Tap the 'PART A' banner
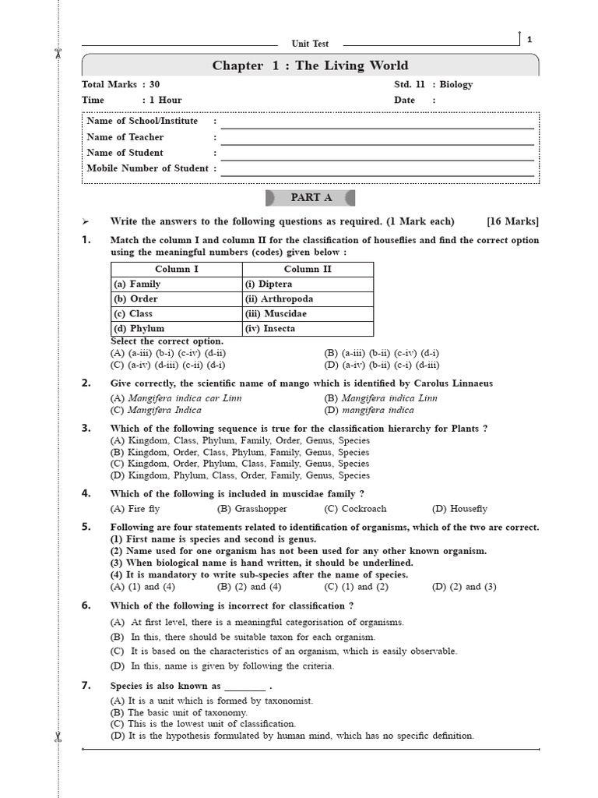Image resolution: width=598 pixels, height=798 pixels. tap(311, 197)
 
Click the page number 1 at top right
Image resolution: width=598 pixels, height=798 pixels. tap(529, 39)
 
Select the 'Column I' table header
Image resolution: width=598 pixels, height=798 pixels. tap(177, 269)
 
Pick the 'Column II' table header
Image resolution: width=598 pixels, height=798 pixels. tap(308, 269)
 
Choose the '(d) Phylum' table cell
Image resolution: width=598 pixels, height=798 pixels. tap(139, 328)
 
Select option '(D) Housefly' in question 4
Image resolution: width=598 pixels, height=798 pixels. tap(459, 509)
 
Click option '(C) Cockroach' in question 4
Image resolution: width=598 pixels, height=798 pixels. tap(355, 509)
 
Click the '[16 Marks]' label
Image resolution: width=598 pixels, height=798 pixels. tap(512, 221)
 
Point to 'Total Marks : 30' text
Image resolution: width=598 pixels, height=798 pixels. tap(121, 84)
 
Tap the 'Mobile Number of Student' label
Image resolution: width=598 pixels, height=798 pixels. tap(147, 168)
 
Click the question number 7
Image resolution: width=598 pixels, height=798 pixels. tap(86, 686)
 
